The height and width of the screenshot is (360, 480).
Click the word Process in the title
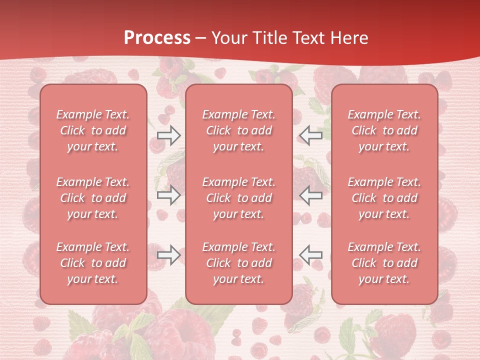[157, 38]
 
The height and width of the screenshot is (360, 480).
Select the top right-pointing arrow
[168, 135]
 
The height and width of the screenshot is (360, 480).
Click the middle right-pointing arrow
[168, 195]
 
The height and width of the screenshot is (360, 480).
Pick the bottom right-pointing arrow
[168, 255]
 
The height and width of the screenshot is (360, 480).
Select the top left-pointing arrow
[311, 135]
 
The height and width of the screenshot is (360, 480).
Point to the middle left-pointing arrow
[311, 195]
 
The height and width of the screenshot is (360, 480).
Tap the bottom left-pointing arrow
[311, 255]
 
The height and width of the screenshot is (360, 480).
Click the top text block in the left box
[93, 130]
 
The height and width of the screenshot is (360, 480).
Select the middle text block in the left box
[93, 198]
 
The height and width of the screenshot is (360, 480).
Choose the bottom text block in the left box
[93, 263]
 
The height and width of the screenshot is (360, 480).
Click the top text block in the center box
[239, 130]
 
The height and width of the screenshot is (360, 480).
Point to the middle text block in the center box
[239, 198]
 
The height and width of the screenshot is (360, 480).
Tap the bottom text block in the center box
[239, 263]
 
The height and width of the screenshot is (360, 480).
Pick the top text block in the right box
[384, 130]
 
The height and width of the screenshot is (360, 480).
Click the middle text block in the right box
[384, 198]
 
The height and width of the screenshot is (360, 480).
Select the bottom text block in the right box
[384, 263]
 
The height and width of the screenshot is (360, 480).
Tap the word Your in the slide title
[228, 38]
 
